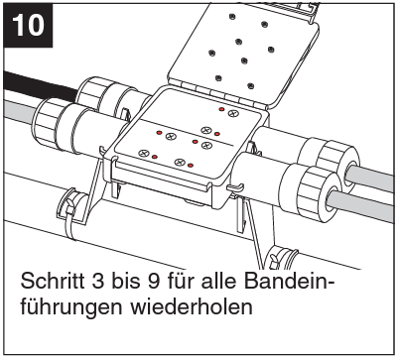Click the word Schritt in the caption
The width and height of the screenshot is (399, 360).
[55, 281]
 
